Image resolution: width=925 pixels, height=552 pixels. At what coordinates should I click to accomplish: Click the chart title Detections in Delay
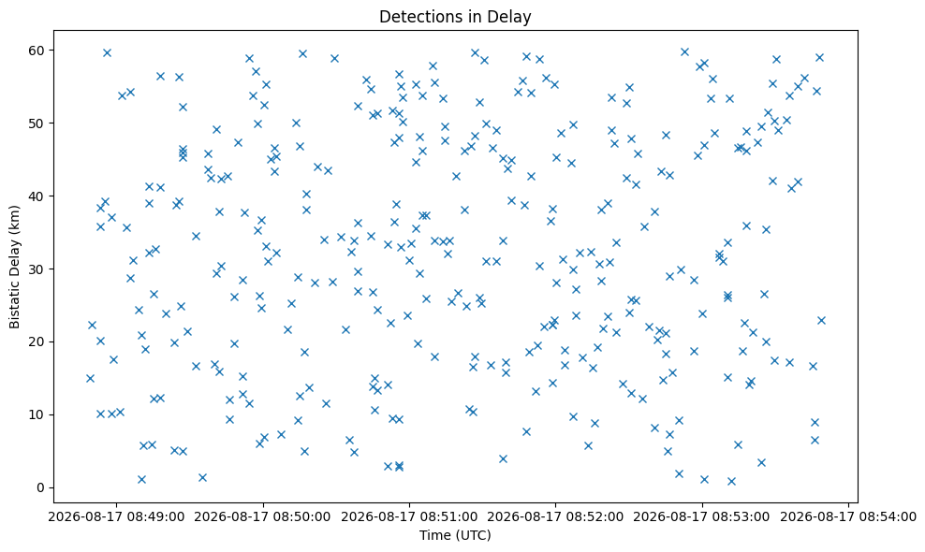[455, 17]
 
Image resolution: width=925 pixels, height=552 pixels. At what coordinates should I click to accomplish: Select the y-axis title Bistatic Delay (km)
[15, 268]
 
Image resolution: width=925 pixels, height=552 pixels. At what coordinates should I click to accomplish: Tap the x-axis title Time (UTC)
[455, 535]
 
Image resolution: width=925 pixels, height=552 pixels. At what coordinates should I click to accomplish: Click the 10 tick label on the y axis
[37, 414]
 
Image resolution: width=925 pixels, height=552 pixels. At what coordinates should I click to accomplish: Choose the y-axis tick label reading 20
[37, 342]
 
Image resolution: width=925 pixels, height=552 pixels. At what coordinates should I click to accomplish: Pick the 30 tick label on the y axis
[37, 269]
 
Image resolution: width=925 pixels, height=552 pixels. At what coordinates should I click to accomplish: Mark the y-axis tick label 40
[37, 196]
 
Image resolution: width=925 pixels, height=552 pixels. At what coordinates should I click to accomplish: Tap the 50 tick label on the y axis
[37, 123]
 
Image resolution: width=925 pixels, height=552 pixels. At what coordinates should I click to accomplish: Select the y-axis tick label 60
[37, 51]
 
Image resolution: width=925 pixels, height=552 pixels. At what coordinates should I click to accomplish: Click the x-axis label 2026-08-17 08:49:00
[116, 517]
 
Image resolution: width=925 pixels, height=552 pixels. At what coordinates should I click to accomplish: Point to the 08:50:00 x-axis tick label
[262, 517]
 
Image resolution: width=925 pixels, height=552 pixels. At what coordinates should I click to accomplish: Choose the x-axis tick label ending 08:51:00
[409, 517]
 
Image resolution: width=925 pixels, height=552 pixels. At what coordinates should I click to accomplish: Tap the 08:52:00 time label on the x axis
[555, 517]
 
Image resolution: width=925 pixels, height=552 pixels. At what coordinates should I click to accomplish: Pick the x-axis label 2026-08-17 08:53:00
[702, 517]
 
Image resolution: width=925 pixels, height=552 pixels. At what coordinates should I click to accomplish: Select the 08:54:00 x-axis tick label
[848, 517]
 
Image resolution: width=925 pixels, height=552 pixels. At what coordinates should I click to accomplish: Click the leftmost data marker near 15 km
[90, 378]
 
